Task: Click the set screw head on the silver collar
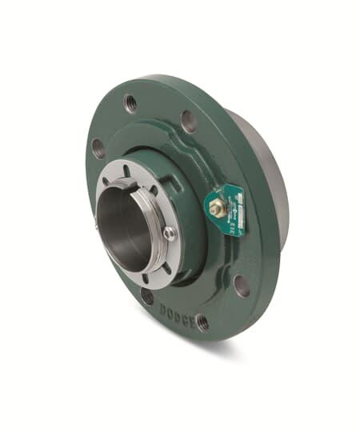(170, 233)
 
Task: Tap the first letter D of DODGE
(162, 306)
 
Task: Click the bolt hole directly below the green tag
(240, 285)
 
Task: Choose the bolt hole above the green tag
(189, 121)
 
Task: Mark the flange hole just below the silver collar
(147, 296)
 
